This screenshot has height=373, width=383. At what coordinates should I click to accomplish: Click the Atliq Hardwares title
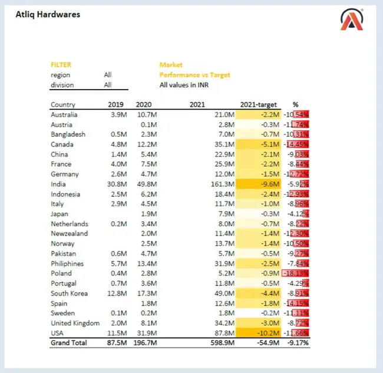[48, 14]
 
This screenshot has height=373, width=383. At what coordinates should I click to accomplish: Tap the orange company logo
[352, 20]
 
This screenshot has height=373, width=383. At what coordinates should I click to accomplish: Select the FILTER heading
[61, 65]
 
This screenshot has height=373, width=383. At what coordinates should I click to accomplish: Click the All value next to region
[108, 75]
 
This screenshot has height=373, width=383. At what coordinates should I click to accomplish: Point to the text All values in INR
[184, 85]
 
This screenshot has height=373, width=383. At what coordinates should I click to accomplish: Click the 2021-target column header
[259, 104]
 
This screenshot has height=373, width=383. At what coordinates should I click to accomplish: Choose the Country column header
[63, 104]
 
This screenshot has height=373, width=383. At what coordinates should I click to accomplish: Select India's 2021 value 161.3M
[223, 184]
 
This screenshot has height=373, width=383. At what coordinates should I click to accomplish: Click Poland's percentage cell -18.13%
[296, 273]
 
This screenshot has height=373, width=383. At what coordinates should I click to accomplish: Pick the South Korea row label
[69, 293]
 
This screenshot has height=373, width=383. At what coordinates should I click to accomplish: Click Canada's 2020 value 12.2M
[147, 145]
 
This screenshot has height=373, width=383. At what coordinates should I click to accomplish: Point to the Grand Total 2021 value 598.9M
[223, 343]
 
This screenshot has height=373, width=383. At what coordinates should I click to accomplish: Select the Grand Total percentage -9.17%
[298, 343]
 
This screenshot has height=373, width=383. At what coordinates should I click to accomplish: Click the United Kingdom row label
[75, 323]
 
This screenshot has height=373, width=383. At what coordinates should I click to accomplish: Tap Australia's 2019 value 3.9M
[118, 114]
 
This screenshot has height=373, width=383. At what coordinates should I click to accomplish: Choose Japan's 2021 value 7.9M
[226, 214]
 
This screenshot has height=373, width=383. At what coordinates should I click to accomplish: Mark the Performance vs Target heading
[194, 75]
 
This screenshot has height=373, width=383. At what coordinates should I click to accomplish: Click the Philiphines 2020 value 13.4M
[147, 263]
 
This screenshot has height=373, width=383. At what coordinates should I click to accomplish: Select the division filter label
[62, 85]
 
